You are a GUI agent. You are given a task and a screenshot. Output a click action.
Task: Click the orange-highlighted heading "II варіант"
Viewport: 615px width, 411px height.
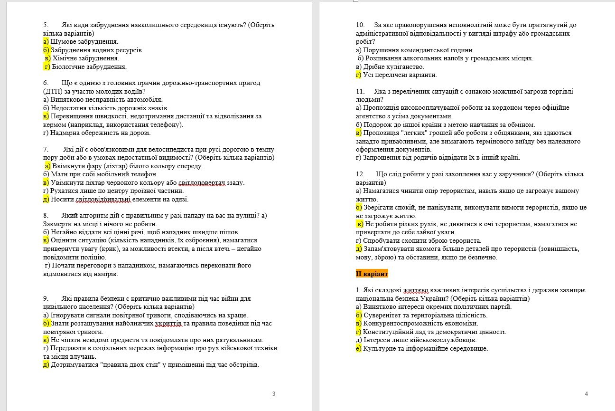tap(372, 274)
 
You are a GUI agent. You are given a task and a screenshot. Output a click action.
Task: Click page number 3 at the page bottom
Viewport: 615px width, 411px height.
tap(274, 393)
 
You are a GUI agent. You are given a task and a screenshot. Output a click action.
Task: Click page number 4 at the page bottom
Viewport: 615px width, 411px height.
tap(587, 393)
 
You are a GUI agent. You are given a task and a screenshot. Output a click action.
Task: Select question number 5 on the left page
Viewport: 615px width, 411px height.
tap(45, 25)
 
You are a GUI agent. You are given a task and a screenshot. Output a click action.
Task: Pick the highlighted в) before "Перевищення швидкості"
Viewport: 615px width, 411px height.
tap(46, 116)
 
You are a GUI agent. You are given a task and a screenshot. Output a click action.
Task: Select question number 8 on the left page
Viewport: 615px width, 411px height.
tap(45, 215)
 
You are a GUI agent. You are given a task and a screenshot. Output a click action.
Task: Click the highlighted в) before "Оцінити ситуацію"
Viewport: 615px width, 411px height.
tap(46, 240)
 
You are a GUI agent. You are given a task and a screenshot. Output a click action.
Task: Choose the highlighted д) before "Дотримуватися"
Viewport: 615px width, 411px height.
tap(46, 365)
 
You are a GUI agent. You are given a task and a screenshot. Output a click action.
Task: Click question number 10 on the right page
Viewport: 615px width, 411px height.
tap(360, 25)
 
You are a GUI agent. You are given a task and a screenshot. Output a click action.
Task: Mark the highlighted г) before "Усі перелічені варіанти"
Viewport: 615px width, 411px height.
tap(358, 75)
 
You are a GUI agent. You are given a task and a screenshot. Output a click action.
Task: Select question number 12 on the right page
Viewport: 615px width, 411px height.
tap(360, 174)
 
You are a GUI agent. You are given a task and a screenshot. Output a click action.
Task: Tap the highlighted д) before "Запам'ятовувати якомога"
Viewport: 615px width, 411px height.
tap(359, 249)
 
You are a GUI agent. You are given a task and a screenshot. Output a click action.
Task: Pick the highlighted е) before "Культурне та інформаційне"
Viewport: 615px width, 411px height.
tap(359, 348)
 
